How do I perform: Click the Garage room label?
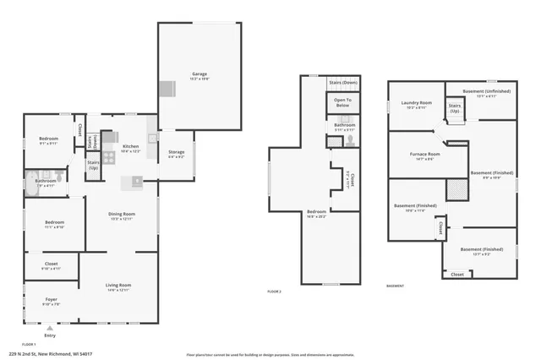pos(199,74)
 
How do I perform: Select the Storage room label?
pos(176,153)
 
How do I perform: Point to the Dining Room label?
pos(122,215)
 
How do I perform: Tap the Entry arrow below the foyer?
pos(50,328)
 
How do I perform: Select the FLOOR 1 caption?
pos(29,345)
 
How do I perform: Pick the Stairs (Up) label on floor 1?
pos(93,165)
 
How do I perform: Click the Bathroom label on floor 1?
pos(46,181)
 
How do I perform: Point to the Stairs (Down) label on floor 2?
pos(342,82)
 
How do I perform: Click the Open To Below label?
pos(342,102)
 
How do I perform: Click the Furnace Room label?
pos(428,155)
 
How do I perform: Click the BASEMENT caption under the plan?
pos(396,286)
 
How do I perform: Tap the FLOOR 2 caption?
pos(274,291)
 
